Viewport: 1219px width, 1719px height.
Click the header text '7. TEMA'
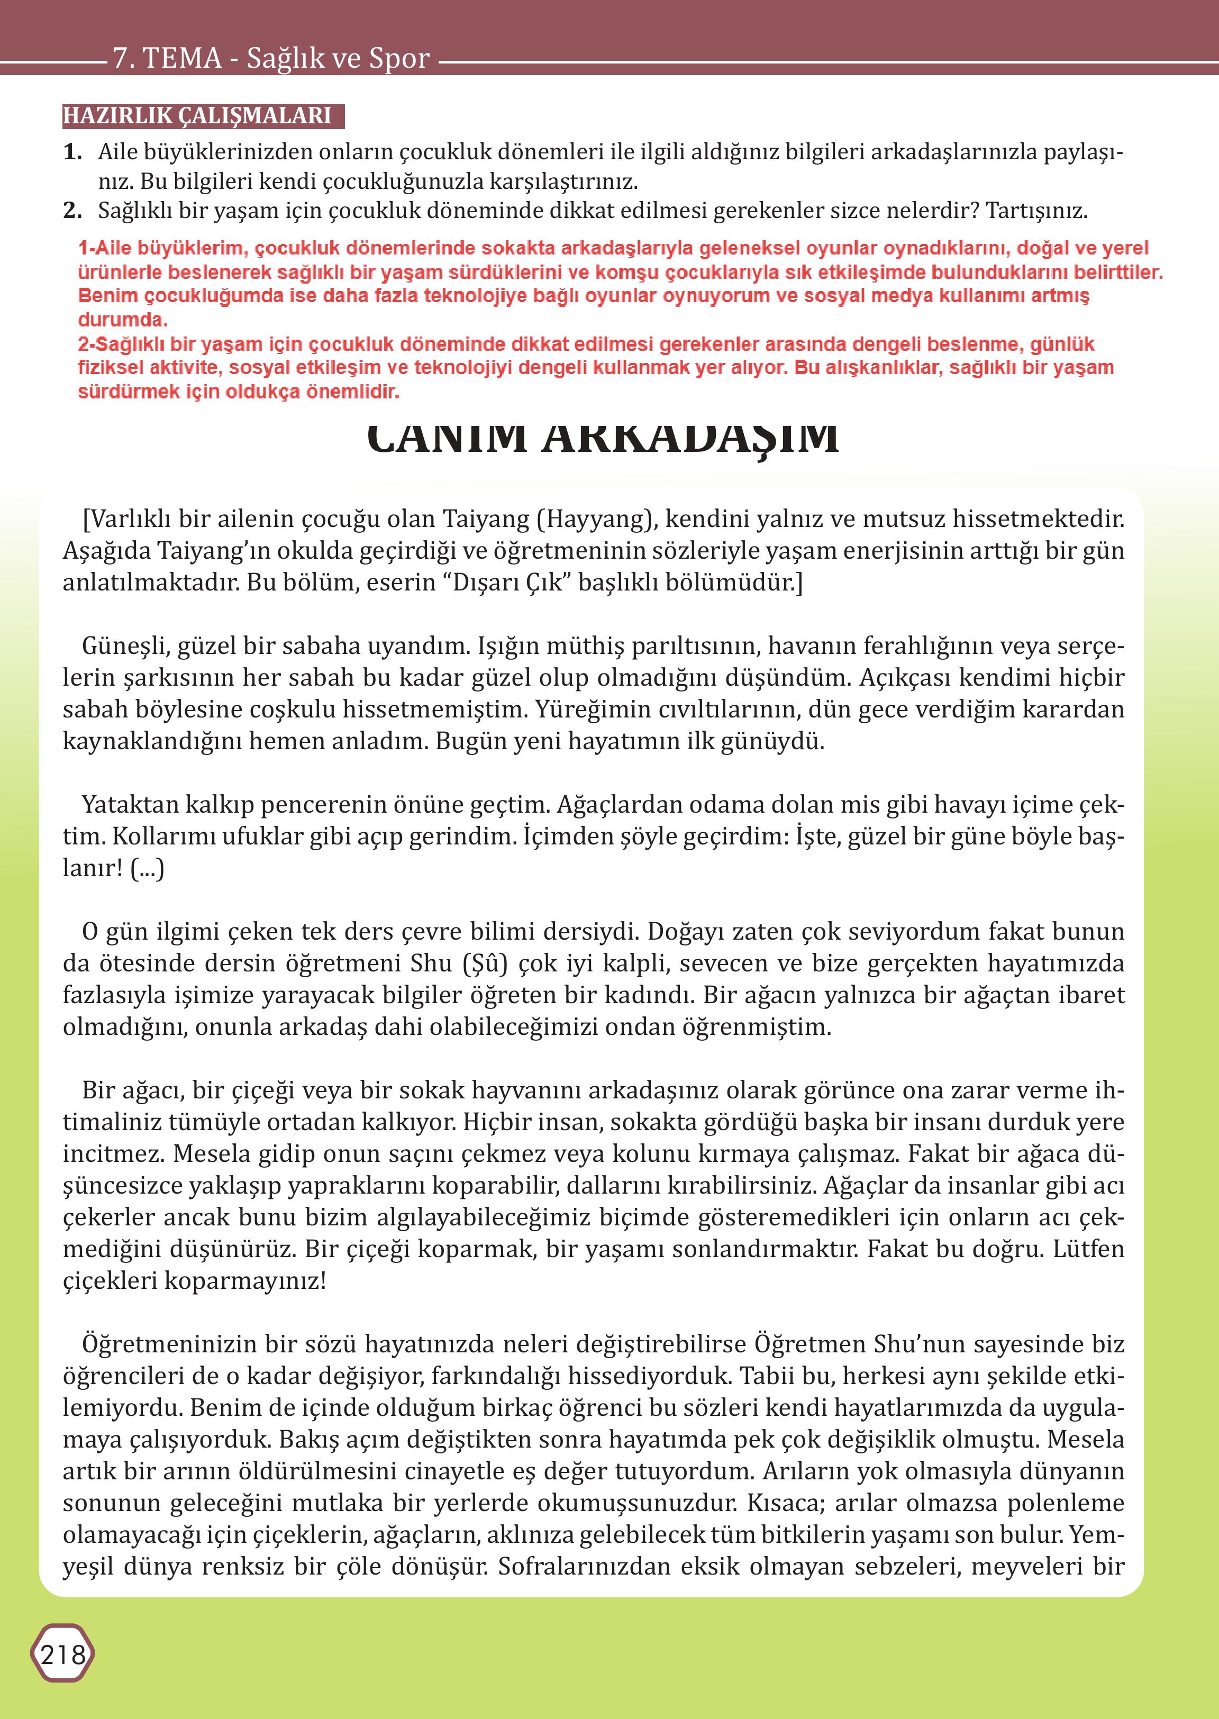click(167, 58)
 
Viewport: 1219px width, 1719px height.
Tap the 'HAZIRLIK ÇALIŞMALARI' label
click(197, 115)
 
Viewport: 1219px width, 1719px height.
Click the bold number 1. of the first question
click(73, 152)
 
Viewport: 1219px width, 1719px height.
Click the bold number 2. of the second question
click(73, 211)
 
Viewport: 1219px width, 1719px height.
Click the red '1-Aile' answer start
click(105, 249)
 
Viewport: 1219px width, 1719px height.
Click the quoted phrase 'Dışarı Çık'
click(507, 583)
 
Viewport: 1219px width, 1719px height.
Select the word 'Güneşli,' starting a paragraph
click(120, 647)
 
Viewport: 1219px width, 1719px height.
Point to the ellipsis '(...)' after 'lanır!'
click(147, 869)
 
